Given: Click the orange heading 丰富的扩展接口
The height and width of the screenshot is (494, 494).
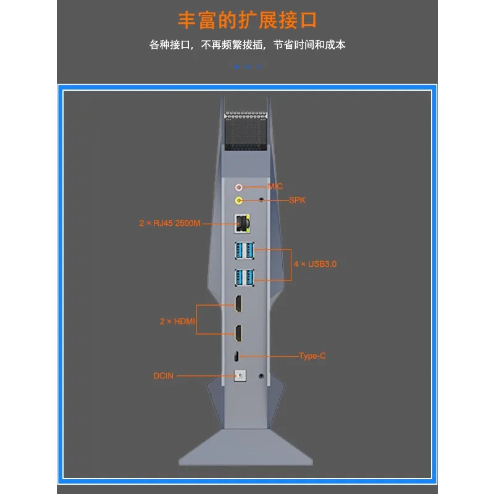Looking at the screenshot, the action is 248,20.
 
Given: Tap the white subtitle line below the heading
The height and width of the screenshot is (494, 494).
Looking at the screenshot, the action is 248,44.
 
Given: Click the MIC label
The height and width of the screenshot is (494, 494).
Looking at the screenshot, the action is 275,186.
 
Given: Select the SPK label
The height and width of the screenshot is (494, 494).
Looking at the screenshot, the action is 297,200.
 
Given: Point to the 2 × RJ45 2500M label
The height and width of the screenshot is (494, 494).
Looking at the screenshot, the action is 170,224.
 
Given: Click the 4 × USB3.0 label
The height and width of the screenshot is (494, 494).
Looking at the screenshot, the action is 315,264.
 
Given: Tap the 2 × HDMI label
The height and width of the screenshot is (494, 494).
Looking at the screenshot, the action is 177,321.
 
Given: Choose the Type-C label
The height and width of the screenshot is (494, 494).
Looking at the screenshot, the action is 312,356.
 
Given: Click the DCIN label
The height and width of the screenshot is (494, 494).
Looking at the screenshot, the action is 163,376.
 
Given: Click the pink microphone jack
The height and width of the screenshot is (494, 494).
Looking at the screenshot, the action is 239,188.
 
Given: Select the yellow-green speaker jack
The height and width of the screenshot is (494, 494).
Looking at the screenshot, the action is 239,200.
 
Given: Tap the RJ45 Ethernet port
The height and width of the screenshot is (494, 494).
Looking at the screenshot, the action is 242,224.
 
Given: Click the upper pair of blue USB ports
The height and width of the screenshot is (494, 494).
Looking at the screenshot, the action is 245,251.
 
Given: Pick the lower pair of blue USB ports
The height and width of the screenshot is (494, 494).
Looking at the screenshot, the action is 245,277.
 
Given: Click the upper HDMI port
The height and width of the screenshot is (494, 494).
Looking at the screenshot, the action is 238,303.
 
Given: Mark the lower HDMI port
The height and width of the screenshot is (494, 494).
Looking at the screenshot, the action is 238,333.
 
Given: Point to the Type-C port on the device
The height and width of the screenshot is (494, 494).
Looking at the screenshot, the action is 237,356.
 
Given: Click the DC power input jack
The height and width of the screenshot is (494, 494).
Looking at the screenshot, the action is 240,376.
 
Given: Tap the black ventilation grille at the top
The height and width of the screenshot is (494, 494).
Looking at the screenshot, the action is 246,131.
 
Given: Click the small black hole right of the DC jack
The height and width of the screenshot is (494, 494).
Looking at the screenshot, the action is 261,376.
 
